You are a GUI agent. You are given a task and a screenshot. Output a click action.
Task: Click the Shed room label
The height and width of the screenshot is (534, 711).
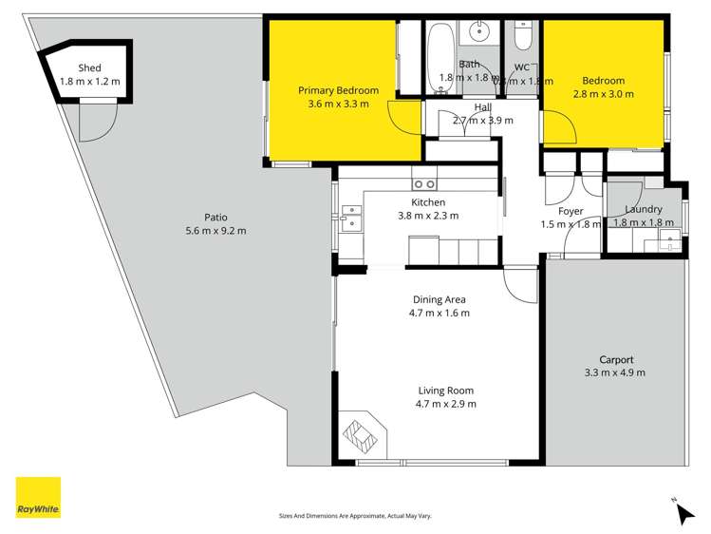click(x=90, y=67)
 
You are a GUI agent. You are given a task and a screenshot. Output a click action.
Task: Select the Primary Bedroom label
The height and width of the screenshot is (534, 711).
click(x=338, y=90)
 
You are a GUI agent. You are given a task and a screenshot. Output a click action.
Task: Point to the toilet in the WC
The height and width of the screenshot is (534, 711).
click(x=522, y=38)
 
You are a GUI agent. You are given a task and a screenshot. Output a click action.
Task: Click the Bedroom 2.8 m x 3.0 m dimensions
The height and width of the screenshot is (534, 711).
click(x=604, y=94)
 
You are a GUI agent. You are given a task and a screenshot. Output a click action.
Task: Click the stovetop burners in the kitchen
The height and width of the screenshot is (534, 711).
click(x=423, y=183)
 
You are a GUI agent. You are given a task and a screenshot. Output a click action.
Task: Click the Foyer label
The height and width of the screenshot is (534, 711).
click(x=571, y=211)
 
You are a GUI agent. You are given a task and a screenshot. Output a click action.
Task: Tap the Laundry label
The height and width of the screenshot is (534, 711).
click(x=644, y=209)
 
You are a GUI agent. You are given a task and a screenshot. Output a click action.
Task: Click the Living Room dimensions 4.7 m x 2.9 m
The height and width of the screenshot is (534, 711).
click(x=445, y=404)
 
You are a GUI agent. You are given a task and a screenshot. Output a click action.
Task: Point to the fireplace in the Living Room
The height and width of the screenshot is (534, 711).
click(x=362, y=434)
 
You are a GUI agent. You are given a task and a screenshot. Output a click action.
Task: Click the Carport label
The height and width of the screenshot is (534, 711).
click(x=615, y=359)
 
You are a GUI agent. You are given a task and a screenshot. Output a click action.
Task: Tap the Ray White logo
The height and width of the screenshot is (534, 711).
click(x=39, y=497)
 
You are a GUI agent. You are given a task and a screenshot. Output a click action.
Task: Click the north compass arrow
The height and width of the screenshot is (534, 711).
click(x=683, y=513)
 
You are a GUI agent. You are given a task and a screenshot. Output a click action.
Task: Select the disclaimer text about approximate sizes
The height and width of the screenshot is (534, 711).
click(x=355, y=515)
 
